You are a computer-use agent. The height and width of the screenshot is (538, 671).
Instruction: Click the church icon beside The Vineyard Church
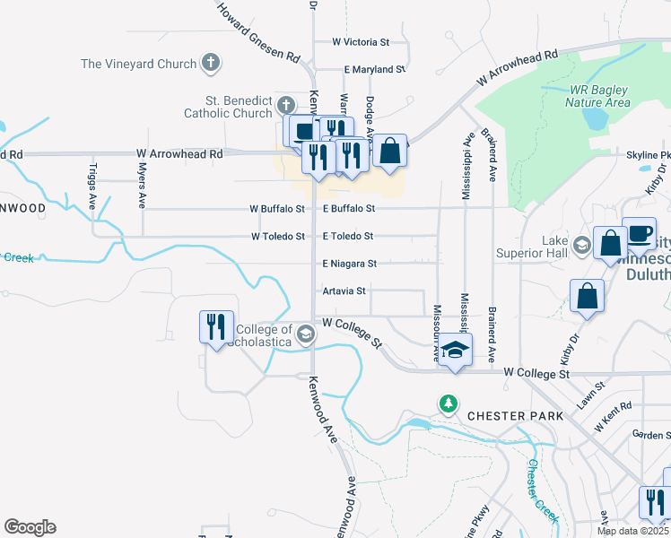click(211, 64)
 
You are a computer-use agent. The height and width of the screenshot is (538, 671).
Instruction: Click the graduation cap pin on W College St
click(455, 349)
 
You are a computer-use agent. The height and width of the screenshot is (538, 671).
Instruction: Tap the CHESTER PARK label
click(515, 416)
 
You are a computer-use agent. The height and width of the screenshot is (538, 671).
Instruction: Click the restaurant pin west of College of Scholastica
click(216, 326)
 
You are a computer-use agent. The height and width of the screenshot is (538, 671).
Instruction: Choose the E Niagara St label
click(350, 264)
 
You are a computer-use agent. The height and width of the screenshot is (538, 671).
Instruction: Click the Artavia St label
click(344, 291)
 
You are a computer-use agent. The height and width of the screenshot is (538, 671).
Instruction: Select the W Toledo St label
click(278, 237)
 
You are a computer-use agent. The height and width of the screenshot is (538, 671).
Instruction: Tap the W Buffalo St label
click(277, 209)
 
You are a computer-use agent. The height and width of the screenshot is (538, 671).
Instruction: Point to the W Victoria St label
click(361, 41)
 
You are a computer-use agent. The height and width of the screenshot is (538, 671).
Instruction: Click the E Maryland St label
click(375, 69)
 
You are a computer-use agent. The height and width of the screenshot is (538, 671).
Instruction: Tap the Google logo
click(30, 527)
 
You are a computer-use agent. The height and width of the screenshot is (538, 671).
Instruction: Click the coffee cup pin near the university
click(638, 233)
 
